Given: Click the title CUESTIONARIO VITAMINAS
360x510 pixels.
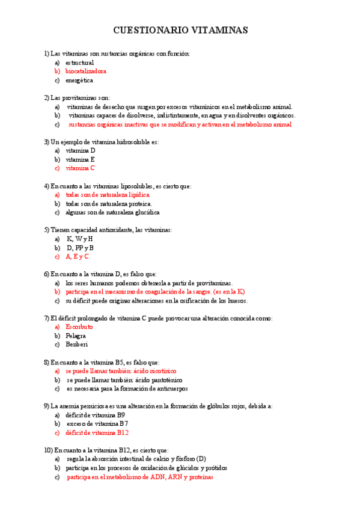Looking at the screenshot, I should (x=180, y=30).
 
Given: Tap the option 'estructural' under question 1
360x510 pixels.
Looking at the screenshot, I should (x=79, y=63).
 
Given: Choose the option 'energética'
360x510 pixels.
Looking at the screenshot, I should (x=79, y=80).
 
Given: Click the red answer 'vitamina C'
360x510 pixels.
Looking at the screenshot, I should (x=80, y=168).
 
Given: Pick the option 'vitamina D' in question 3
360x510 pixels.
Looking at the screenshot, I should (x=81, y=151).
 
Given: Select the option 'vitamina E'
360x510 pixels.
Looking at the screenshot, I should (x=80, y=160).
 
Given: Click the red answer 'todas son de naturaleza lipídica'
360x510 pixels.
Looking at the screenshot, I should (x=108, y=195).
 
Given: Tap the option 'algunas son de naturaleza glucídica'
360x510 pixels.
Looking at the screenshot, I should (x=112, y=212).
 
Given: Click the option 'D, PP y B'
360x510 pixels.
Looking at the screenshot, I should (x=80, y=248).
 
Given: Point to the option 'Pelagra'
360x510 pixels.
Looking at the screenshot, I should (x=76, y=336).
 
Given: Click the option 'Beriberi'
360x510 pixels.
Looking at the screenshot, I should (x=77, y=345).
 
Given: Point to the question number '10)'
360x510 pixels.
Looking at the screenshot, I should (x=48, y=450).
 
